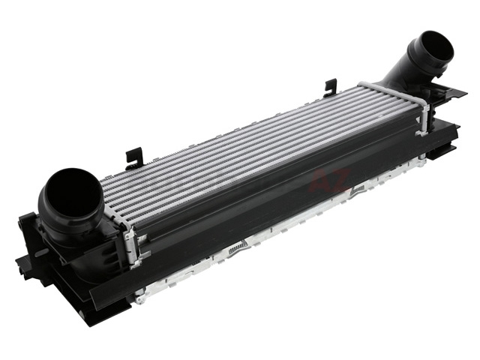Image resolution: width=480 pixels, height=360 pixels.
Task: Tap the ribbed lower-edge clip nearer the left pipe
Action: click(238, 247)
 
